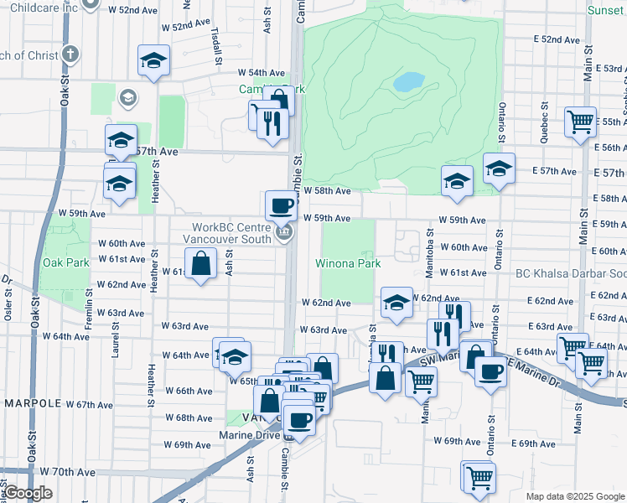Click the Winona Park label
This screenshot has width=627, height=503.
[x=348, y=263]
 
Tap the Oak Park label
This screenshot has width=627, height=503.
[x=65, y=262]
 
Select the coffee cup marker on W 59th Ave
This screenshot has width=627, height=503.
[x=281, y=205]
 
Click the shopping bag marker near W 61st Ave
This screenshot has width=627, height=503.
[x=201, y=264]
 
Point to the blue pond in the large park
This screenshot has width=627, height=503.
[x=408, y=81]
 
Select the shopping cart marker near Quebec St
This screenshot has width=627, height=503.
[x=579, y=122]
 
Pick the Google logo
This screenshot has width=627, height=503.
[x=28, y=493]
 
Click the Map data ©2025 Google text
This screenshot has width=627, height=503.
[x=574, y=496]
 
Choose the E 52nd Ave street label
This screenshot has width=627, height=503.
[x=557, y=39]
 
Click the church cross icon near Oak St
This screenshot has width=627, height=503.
[x=71, y=55]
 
